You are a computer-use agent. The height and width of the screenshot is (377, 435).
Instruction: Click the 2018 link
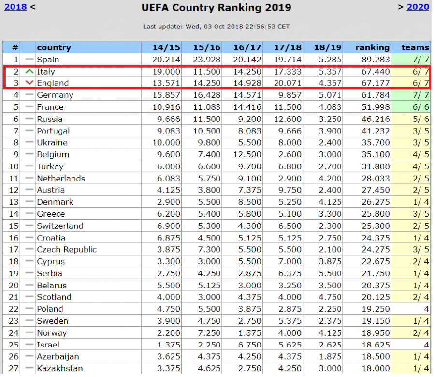click(x=15, y=7)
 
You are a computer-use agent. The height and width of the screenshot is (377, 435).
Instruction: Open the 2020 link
click(x=418, y=7)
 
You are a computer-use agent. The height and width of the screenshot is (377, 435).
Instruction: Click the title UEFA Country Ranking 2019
click(x=217, y=7)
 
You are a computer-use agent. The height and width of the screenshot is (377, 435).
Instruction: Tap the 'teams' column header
click(x=415, y=47)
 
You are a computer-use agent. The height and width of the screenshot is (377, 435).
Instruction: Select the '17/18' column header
click(x=288, y=47)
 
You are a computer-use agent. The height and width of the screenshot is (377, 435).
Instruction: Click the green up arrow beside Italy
click(x=29, y=72)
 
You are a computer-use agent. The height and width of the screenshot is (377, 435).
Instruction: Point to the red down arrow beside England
click(x=29, y=83)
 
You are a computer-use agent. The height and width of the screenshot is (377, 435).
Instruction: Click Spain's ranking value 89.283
click(x=376, y=60)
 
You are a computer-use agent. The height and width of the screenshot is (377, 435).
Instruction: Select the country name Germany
click(x=55, y=95)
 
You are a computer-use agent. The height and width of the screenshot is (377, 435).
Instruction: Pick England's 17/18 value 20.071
click(x=288, y=83)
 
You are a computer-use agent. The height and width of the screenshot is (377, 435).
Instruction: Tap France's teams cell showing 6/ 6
click(x=420, y=107)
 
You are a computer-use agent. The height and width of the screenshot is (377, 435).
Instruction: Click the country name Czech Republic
click(x=67, y=250)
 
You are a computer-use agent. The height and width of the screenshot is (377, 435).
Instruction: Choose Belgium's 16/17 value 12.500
click(x=247, y=154)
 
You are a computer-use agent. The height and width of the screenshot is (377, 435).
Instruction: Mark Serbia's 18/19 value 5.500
click(x=330, y=273)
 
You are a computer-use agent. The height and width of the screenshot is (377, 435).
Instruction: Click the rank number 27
click(x=14, y=368)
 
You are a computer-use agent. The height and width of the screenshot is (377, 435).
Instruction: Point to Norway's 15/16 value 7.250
click(x=209, y=333)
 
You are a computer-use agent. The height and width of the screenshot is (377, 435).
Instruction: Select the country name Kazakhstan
click(x=60, y=368)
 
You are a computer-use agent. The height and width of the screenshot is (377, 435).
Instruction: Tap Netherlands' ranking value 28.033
click(x=376, y=179)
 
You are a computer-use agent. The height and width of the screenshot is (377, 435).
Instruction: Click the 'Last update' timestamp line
click(x=217, y=27)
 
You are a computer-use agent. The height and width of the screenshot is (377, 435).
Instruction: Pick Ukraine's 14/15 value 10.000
click(x=166, y=142)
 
